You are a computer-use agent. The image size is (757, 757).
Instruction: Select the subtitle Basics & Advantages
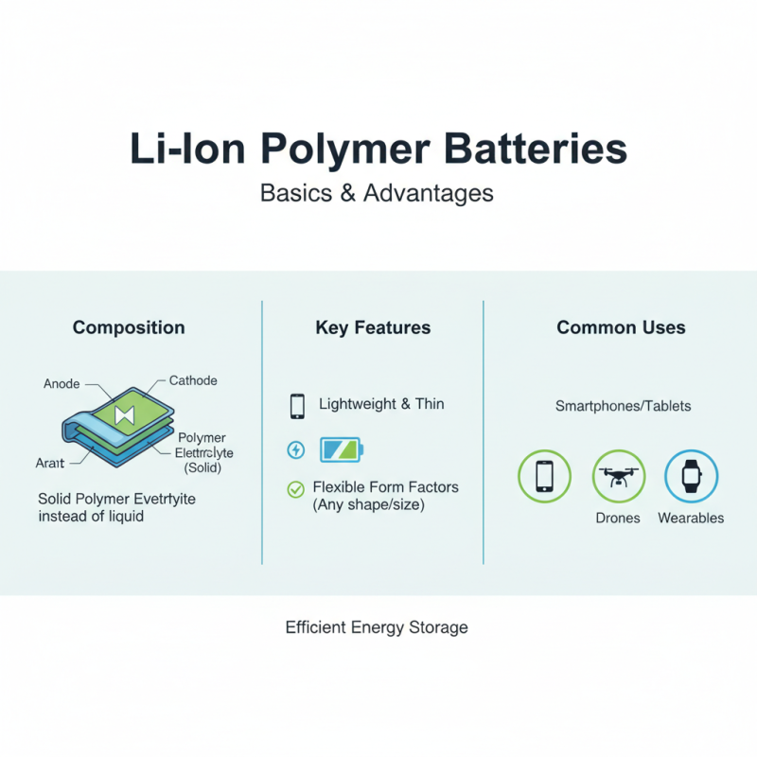377,193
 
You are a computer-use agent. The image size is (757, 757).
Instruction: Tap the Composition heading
129,328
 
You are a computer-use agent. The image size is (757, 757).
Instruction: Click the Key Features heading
373,328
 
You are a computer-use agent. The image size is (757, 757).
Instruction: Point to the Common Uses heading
621,328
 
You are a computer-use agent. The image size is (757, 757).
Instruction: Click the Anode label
62,384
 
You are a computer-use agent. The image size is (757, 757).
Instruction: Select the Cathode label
193,380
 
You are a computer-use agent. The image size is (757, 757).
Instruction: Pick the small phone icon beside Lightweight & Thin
297,406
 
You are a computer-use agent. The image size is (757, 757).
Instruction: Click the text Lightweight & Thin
381,404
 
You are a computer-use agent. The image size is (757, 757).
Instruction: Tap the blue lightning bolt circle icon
296,449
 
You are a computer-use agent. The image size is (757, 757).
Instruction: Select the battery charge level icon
341,449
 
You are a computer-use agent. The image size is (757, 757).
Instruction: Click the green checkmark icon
295,489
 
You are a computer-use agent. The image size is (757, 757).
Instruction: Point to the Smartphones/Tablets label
623,406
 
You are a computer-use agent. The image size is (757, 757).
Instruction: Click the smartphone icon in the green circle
545,475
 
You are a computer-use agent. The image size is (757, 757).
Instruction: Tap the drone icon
618,475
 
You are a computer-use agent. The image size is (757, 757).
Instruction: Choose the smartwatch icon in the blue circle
691,474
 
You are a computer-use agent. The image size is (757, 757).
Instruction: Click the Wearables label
691,519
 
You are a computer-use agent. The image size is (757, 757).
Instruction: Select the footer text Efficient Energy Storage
377,627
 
